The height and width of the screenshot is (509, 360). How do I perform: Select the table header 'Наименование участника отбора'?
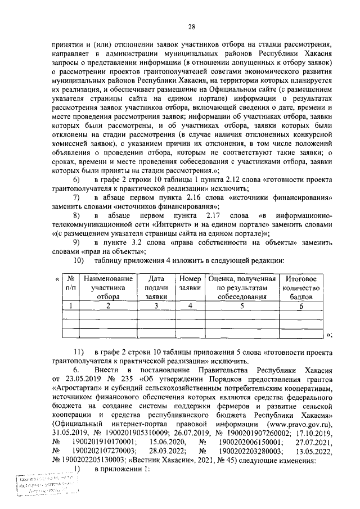tap(108, 288)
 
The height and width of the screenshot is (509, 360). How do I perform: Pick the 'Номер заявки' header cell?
tap(190, 283)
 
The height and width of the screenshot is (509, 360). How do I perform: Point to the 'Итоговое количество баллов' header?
tap(301, 288)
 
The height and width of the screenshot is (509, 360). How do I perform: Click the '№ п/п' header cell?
tap(71, 283)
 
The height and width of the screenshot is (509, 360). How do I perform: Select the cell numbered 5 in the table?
tap(241, 306)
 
